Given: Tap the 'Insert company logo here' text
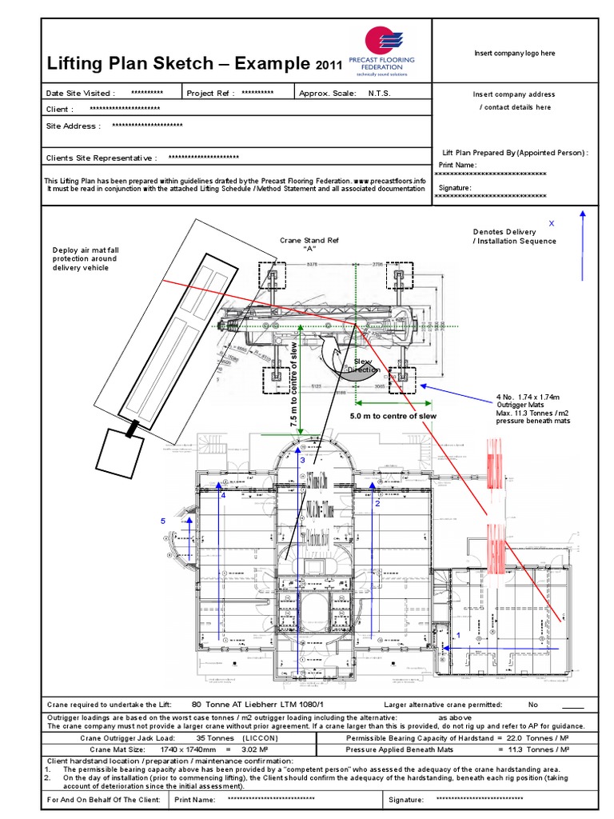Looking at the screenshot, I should click(514, 53).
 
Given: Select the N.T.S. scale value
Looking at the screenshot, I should click(381, 93).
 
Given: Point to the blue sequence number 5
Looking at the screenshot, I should click(163, 521).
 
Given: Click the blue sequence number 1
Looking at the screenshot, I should click(458, 633).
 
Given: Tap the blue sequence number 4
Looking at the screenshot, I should click(224, 495).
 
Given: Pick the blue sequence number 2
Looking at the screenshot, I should click(377, 504).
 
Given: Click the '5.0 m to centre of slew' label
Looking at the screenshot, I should click(393, 417).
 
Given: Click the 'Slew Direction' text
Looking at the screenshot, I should click(364, 366).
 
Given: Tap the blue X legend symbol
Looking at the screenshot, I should click(551, 223).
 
